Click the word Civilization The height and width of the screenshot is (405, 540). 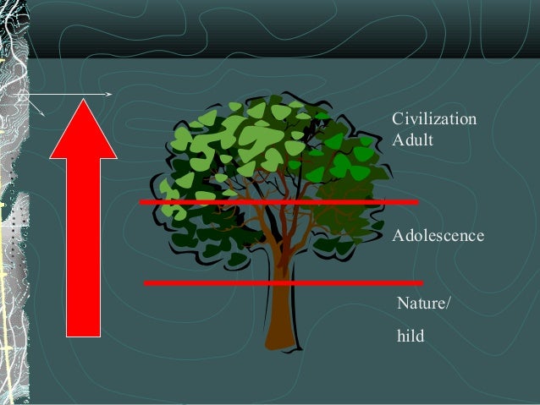pos(434,121)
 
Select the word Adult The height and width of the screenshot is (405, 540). pos(412,139)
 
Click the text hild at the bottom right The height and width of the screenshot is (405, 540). pos(411,337)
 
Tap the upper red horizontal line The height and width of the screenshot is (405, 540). pos(279,203)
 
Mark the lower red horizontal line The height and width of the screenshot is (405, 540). pos(284,282)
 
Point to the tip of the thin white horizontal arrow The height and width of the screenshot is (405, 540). pos(112,92)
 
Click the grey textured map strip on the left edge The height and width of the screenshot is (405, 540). pos(13,203)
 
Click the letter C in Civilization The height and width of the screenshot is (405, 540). pos(397,121)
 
